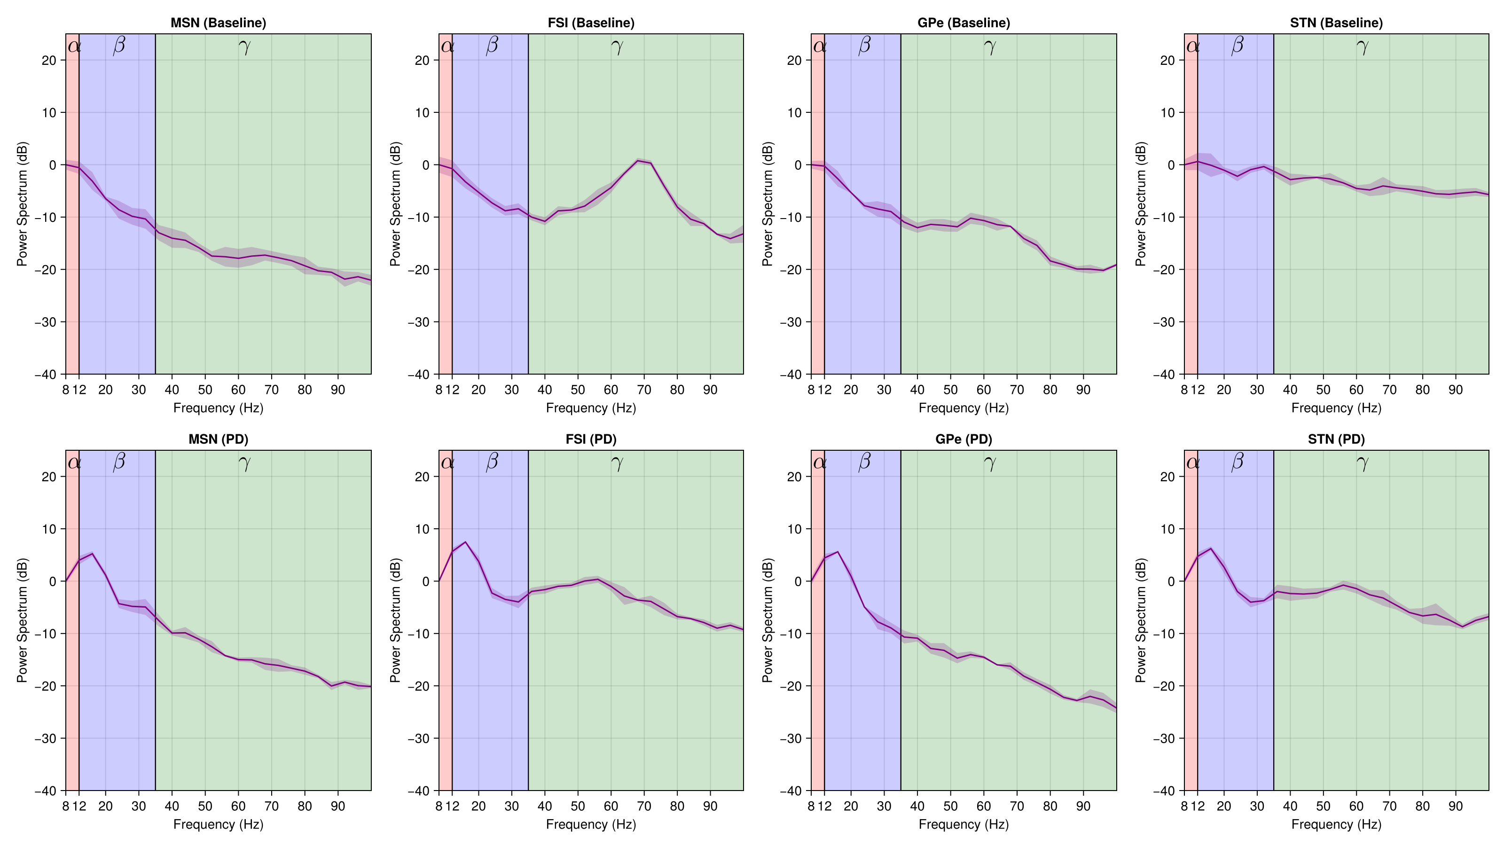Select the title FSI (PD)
coord(591,439)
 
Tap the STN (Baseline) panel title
coord(1336,23)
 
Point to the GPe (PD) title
coord(963,439)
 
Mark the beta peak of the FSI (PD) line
coord(465,542)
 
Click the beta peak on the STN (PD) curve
coord(1210,548)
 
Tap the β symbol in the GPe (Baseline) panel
coord(864,46)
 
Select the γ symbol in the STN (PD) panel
coord(1362,462)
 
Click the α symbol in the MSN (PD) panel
coord(74,462)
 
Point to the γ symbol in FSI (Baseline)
coord(617,46)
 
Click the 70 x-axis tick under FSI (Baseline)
coord(644,390)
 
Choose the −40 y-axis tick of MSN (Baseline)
coord(46,374)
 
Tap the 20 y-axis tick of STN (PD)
coord(1167,477)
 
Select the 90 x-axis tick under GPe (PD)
coord(1083,807)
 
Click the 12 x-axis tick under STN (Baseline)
coord(1198,390)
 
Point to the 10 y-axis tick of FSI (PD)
coord(422,529)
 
